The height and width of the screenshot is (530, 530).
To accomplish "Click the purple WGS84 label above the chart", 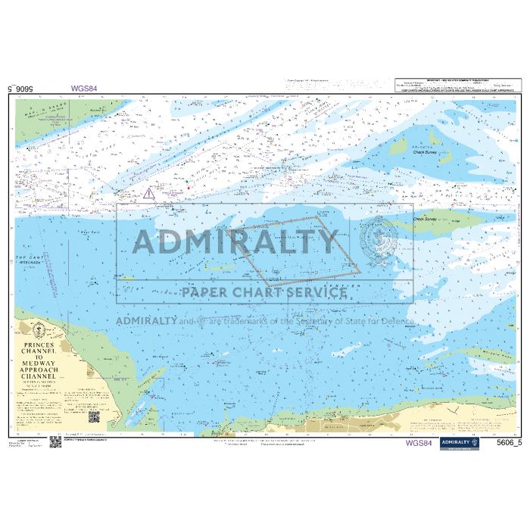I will [84, 89].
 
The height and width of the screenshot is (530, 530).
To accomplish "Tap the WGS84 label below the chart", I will [419, 444].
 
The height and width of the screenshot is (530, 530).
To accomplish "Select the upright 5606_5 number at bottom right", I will [509, 444].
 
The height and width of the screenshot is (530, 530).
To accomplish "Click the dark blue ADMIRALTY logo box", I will [459, 443].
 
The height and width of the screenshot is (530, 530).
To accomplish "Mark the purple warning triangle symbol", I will [149, 194].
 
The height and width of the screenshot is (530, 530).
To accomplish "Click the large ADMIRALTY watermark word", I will [235, 242].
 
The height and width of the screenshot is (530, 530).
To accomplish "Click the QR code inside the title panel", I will [95, 417].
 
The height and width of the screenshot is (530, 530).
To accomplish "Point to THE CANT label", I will [30, 258].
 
